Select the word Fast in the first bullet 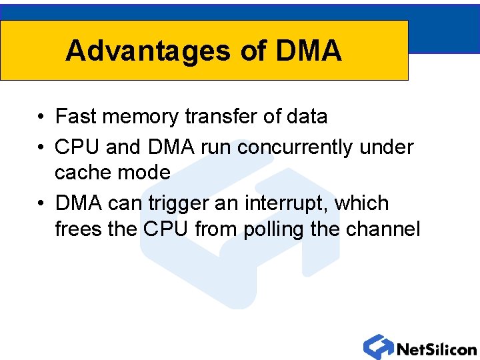75,117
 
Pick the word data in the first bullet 307,117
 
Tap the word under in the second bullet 387,147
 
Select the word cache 83,173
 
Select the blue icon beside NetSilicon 378,347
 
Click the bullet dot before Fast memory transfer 41,117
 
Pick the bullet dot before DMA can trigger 41,203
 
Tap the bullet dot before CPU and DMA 41,147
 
